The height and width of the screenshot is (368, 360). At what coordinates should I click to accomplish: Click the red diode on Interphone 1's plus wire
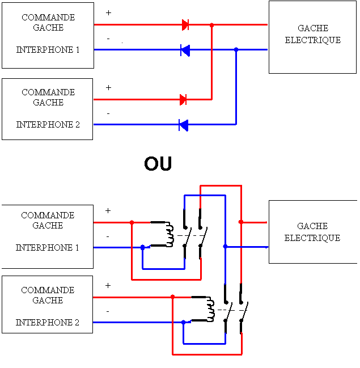(x=185, y=24)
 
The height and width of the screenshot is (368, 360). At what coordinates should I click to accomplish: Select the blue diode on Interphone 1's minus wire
(x=185, y=50)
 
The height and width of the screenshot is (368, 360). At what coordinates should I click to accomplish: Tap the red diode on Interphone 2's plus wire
(x=183, y=100)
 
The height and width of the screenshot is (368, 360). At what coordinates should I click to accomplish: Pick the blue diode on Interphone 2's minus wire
(x=183, y=125)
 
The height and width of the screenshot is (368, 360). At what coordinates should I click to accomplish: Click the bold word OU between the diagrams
(x=158, y=164)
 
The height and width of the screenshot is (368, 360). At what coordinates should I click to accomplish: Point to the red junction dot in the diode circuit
(x=212, y=25)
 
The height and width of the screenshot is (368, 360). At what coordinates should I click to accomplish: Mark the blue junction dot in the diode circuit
(x=236, y=50)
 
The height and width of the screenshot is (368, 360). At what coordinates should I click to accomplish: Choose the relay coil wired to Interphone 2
(x=210, y=309)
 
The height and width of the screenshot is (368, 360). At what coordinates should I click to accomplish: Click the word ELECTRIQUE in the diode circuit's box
(x=313, y=40)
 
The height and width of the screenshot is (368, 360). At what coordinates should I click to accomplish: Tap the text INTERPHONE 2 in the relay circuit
(x=48, y=323)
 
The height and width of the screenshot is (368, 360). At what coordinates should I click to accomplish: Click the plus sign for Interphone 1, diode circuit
(x=109, y=12)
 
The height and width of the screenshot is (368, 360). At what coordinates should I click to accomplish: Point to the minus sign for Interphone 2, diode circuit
(x=108, y=113)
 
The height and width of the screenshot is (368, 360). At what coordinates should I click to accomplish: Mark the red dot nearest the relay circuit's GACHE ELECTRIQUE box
(x=241, y=222)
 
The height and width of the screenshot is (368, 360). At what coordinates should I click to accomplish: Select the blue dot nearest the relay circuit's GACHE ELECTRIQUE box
(x=225, y=247)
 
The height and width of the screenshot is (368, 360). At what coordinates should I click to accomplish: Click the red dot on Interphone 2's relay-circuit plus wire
(x=173, y=297)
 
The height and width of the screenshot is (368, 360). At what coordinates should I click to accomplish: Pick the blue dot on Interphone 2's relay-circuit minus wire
(x=183, y=322)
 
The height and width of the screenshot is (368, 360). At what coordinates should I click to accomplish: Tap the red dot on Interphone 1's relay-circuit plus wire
(x=132, y=222)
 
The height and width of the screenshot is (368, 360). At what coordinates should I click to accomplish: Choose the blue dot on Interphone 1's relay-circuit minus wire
(x=142, y=247)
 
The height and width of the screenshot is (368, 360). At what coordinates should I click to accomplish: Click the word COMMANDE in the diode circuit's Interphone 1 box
(x=48, y=18)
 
